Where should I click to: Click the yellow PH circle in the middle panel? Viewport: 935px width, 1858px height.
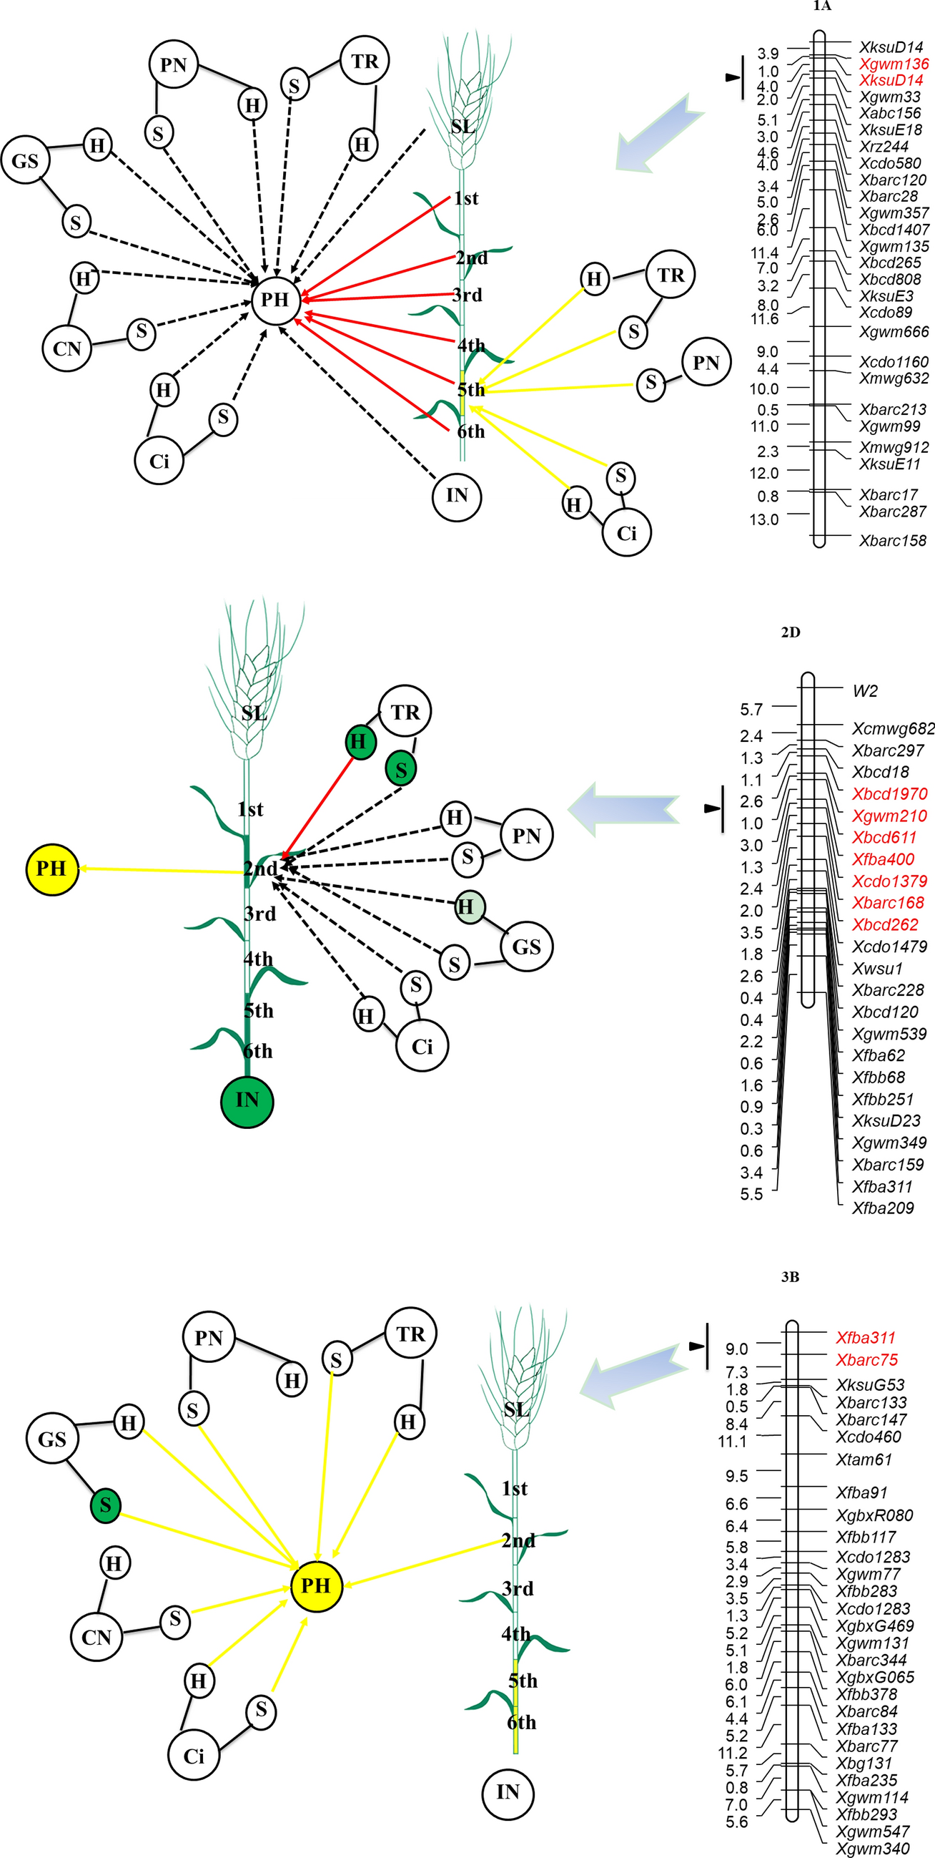click(51, 869)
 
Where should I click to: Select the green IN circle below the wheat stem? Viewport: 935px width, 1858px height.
click(247, 1100)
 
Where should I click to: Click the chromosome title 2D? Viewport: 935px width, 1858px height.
click(790, 632)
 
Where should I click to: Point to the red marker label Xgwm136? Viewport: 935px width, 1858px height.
click(894, 64)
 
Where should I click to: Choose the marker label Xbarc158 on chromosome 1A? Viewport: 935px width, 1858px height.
click(891, 540)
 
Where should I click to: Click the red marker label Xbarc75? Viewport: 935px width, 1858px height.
click(866, 1359)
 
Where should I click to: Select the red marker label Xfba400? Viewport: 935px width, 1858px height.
click(882, 859)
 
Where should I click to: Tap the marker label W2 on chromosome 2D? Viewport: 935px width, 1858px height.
click(864, 691)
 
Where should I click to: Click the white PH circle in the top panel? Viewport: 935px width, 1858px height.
click(274, 299)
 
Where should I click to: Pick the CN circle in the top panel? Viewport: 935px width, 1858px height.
click(67, 348)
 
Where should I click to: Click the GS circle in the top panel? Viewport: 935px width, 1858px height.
click(25, 160)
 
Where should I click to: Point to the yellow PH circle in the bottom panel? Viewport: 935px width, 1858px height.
click(316, 1585)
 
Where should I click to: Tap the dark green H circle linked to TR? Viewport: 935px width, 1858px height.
click(360, 742)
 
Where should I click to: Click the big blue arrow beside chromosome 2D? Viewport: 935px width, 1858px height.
click(623, 809)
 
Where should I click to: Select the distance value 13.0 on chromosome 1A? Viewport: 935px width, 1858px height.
click(763, 519)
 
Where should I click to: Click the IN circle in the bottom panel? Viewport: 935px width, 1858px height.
click(508, 1791)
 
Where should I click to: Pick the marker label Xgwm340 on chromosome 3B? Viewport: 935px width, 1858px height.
click(871, 1849)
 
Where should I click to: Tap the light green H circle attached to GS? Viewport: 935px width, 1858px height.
click(470, 906)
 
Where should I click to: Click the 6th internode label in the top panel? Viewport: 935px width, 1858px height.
click(471, 431)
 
